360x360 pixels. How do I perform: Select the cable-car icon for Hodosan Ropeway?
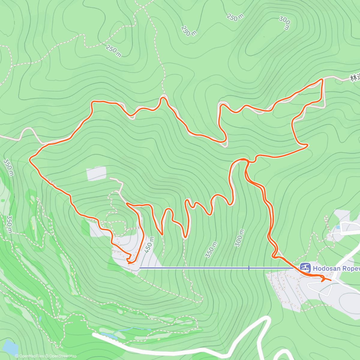[305, 267]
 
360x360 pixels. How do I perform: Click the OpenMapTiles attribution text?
[31, 356]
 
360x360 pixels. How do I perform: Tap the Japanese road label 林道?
[355, 78]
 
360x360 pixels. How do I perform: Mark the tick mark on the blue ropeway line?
[249, 268]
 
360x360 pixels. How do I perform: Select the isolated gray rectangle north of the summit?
[96, 174]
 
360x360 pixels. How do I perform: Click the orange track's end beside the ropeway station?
[331, 280]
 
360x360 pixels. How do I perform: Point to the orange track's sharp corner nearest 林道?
[322, 79]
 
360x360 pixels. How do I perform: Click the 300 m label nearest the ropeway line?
[239, 238]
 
